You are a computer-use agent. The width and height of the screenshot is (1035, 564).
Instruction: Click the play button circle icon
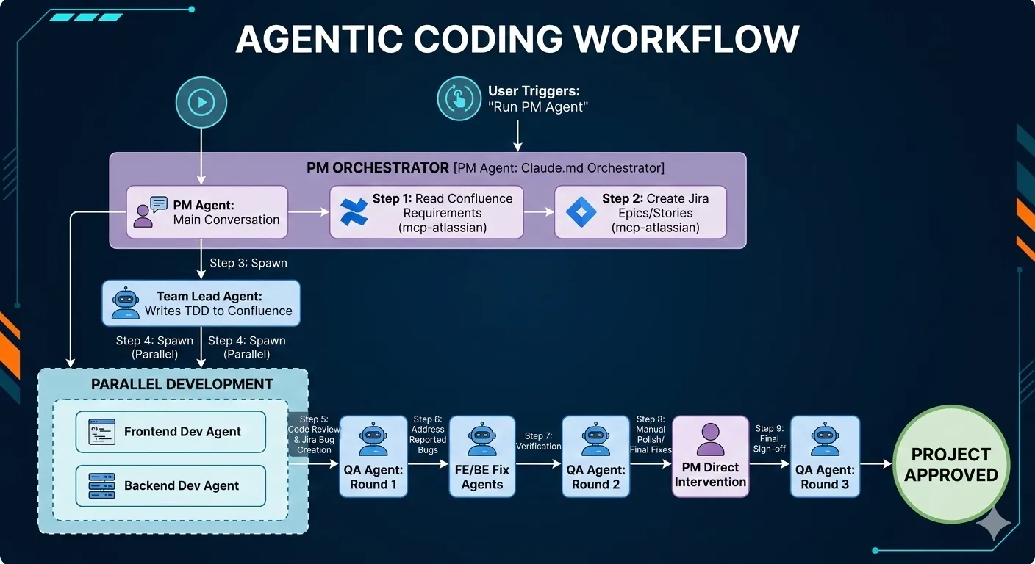click(201, 102)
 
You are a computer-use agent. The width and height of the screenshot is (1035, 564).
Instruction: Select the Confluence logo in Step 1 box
click(354, 212)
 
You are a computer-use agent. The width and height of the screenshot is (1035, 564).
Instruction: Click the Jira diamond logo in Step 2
click(581, 212)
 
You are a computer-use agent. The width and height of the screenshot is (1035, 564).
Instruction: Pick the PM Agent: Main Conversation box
click(207, 211)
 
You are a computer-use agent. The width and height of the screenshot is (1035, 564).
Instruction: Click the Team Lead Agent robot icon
click(126, 303)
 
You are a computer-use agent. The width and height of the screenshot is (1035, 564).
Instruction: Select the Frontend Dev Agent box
click(171, 431)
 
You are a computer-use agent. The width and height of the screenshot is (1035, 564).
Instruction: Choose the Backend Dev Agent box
click(171, 485)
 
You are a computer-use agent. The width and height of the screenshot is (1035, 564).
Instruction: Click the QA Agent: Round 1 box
click(373, 456)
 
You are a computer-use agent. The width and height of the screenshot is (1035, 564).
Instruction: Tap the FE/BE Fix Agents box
click(481, 456)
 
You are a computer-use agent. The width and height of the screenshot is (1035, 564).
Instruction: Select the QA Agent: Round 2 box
click(595, 456)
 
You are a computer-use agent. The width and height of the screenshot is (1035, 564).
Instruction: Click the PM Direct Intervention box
click(710, 456)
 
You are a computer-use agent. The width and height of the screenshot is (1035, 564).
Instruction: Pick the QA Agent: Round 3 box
click(825, 456)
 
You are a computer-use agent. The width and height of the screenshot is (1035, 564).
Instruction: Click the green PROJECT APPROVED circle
click(950, 464)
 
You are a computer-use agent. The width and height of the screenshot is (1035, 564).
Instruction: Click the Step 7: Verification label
click(538, 441)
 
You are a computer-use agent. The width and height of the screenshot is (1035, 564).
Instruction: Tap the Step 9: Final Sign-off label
click(770, 438)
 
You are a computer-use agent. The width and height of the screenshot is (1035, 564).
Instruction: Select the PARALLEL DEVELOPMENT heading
click(182, 384)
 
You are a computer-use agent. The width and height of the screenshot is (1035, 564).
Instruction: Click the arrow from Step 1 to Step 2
click(538, 212)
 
